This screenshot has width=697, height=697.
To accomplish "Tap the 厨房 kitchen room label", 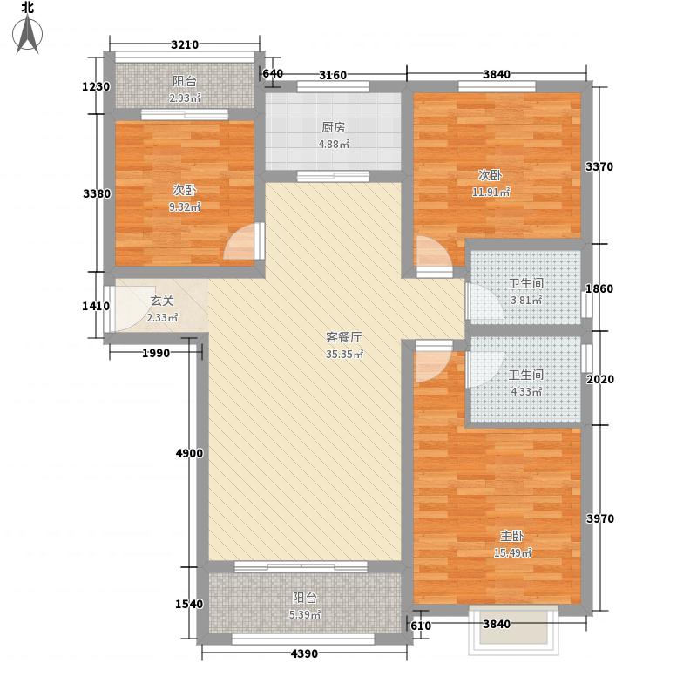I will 333,127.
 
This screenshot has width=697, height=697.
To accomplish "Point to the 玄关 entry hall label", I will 162,301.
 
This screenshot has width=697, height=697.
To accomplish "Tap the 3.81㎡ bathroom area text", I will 525,300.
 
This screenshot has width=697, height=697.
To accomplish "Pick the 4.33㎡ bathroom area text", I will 525,392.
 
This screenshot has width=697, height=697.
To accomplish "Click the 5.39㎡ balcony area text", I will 304,615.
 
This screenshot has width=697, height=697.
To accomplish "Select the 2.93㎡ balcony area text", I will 184,98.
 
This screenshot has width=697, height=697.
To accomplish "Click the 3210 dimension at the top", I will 185,45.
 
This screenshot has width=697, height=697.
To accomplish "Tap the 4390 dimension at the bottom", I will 304,654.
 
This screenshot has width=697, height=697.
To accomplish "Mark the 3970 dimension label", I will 599,519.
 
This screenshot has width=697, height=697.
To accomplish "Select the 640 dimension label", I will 273,74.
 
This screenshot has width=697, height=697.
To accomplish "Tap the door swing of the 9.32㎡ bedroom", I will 241,245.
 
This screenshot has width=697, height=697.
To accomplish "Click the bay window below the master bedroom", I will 512,629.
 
